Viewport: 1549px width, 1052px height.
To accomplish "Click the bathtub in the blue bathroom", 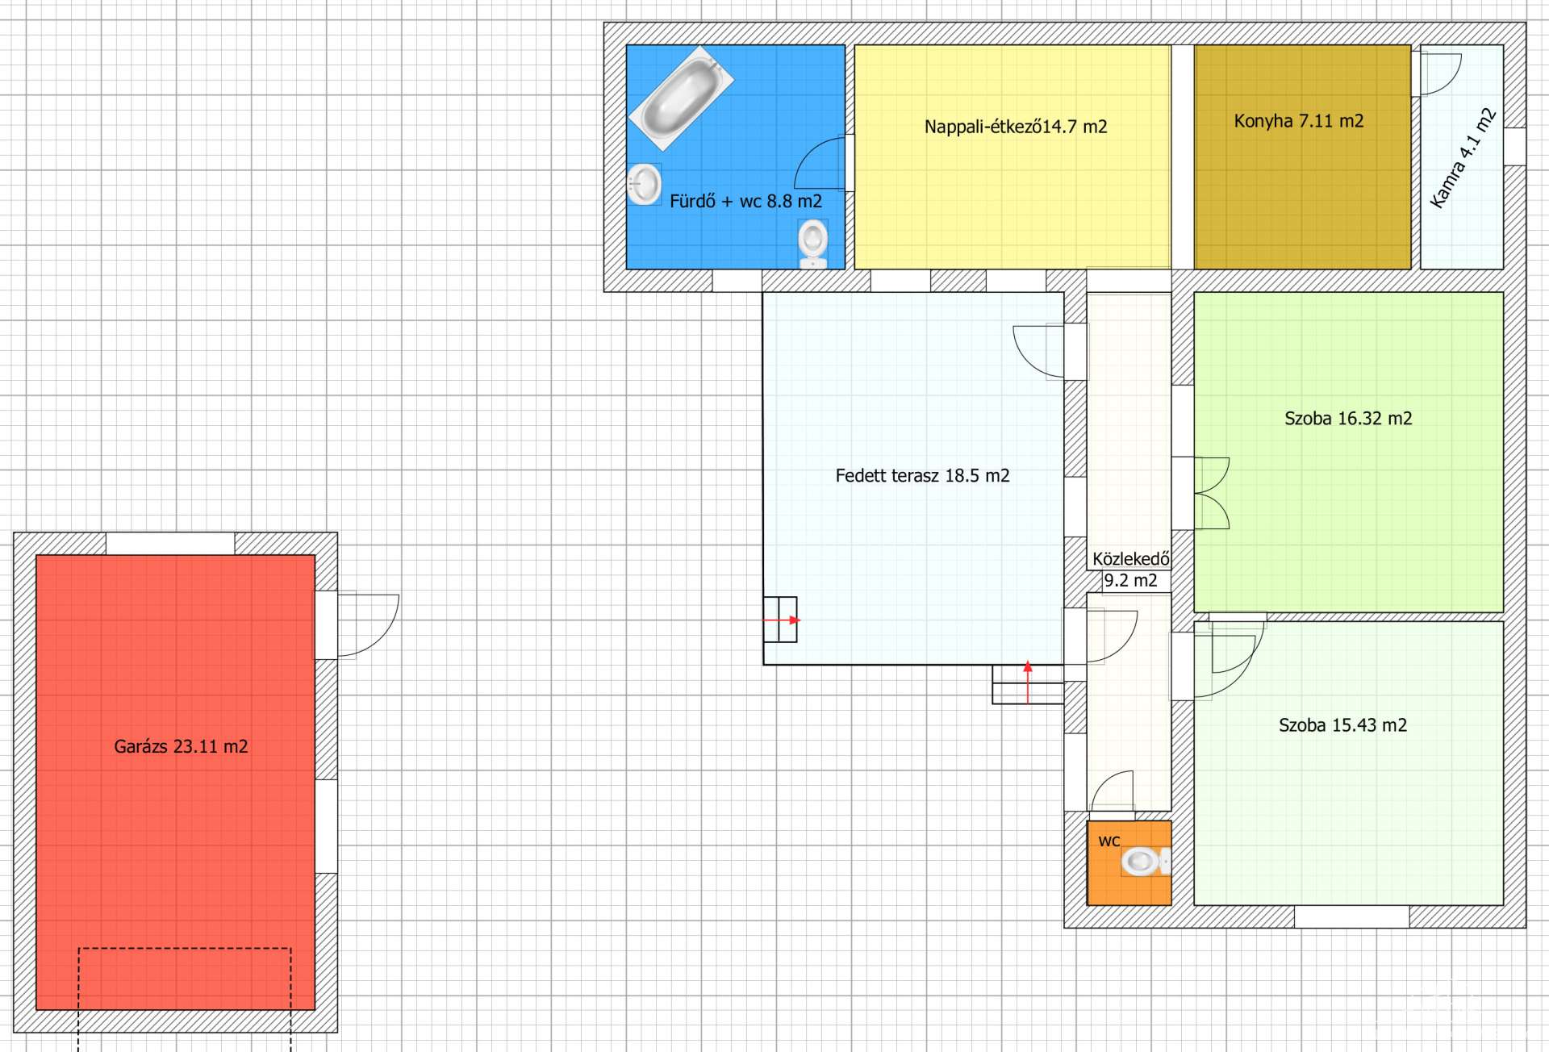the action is (682, 98).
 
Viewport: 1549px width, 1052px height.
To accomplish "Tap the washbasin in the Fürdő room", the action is (644, 184).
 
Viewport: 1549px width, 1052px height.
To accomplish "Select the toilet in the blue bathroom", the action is (812, 244).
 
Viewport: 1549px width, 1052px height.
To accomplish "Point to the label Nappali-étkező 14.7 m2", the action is (1016, 127).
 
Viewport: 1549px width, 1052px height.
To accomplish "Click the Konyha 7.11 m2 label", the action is (1299, 121).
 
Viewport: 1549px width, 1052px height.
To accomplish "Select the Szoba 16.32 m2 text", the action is (1348, 419).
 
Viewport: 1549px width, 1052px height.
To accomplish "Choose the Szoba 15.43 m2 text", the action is (1342, 725).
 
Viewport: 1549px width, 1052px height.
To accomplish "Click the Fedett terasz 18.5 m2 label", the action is (922, 476).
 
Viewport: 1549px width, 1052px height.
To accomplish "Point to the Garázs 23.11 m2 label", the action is (181, 746).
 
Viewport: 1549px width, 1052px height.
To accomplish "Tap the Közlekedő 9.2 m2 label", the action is (1130, 570).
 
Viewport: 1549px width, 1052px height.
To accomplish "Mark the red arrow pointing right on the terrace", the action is (782, 620).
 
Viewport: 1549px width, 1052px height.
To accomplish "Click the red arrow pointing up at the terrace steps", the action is (1028, 683).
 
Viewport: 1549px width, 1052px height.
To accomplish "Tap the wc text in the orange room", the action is (1109, 841).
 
